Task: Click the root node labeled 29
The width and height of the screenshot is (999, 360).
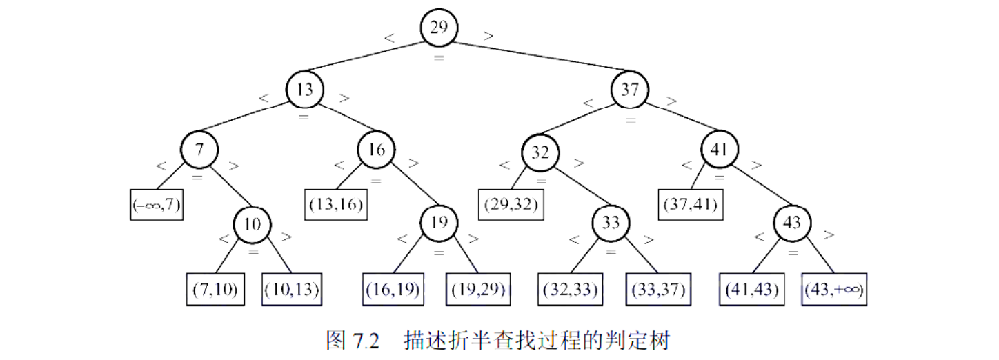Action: pyautogui.click(x=439, y=28)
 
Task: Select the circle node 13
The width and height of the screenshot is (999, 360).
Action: pyautogui.click(x=305, y=90)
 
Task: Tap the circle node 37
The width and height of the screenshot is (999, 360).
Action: pyautogui.click(x=630, y=90)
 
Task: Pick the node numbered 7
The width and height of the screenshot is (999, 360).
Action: pyautogui.click(x=199, y=149)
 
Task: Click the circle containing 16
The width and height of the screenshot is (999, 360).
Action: pyautogui.click(x=376, y=149)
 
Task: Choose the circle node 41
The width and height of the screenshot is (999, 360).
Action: pyautogui.click(x=720, y=149)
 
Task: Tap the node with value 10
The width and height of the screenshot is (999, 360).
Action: pyautogui.click(x=252, y=223)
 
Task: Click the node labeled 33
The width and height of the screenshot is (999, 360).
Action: pyautogui.click(x=611, y=223)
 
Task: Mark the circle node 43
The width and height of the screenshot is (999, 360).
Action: pyautogui.click(x=792, y=222)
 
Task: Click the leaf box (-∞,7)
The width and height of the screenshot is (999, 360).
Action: pyautogui.click(x=157, y=204)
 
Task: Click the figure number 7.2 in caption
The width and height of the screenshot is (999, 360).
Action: pyautogui.click(x=366, y=341)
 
